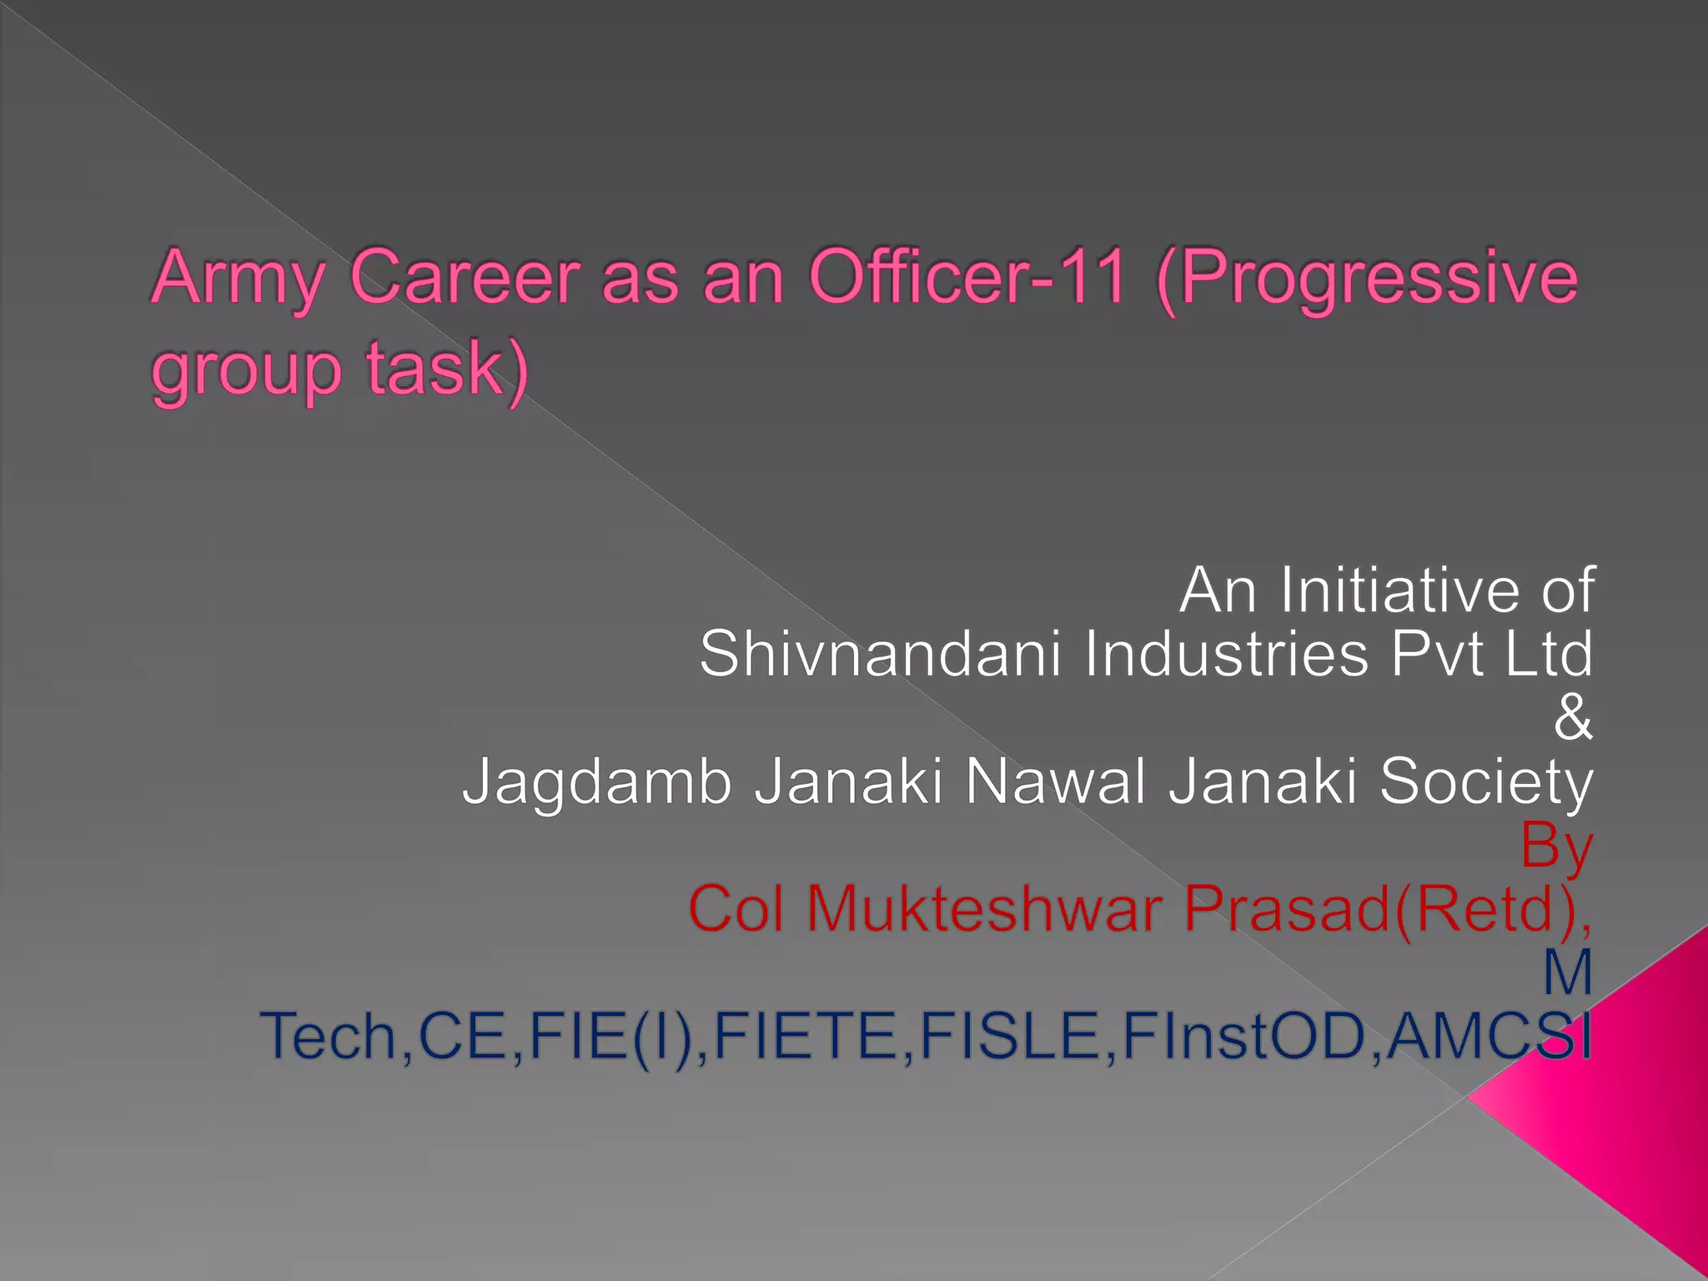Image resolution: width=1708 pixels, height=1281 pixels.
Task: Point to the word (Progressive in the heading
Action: [1368, 279]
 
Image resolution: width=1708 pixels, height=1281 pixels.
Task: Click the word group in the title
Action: [246, 371]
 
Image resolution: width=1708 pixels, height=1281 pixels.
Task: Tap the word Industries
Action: [1226, 654]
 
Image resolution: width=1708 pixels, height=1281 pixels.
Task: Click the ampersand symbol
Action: [1573, 717]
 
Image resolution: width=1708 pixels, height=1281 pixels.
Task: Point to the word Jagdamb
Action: [597, 782]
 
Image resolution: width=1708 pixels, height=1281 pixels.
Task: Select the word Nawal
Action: [1055, 782]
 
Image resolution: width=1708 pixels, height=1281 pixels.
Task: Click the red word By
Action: [1556, 846]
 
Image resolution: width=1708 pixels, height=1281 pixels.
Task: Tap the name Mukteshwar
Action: [984, 909]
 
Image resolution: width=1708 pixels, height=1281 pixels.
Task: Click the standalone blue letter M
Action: [1568, 972]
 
